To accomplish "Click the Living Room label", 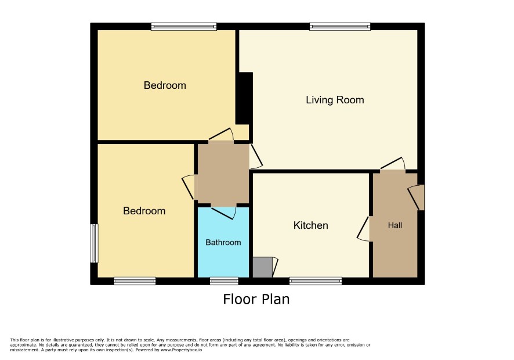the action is [x=335, y=100].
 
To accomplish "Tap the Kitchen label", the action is [x=310, y=225].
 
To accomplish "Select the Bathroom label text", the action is [x=223, y=243].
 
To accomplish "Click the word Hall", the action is [x=394, y=225].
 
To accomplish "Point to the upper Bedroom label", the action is [x=165, y=85].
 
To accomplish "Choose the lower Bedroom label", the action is [x=144, y=211].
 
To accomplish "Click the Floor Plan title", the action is [x=256, y=299].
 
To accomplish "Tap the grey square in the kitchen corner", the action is [x=263, y=267].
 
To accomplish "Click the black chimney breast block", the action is [x=244, y=98].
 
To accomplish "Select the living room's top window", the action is [x=340, y=27].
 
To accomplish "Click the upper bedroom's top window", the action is [x=184, y=27].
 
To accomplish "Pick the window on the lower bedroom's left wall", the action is [x=94, y=243].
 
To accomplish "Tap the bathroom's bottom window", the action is [x=224, y=281].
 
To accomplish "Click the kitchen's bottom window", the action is [x=316, y=281].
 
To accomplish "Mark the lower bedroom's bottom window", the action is [x=135, y=281].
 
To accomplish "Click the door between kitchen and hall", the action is [x=363, y=229].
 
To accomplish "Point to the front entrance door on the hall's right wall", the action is [x=417, y=197].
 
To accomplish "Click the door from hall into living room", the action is [x=393, y=164].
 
